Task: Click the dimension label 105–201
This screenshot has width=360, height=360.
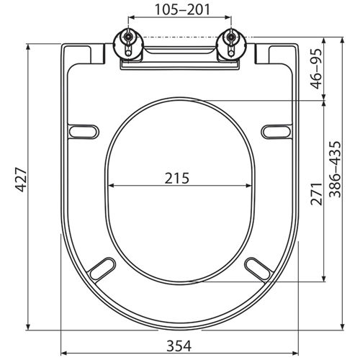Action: click(182, 9)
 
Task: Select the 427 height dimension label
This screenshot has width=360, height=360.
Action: click(21, 180)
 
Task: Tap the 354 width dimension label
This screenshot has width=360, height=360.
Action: click(179, 346)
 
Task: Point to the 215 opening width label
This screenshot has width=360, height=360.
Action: click(177, 178)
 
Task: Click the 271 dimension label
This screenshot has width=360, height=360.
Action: click(316, 194)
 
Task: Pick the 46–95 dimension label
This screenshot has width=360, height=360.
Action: click(316, 68)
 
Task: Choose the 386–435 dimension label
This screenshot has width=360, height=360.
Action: click(335, 169)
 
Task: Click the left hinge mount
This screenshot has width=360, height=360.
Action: click(129, 45)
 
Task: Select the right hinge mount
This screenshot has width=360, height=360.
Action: click(231, 45)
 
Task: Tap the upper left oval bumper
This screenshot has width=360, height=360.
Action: click(84, 132)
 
